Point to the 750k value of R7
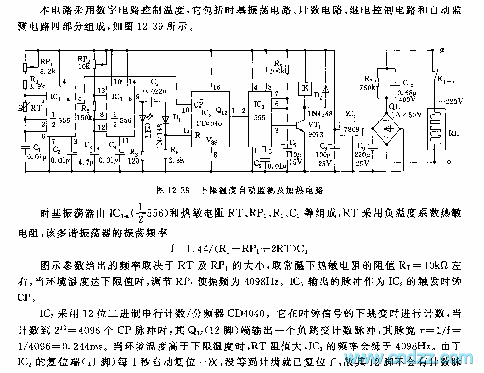(x=369, y=86)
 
